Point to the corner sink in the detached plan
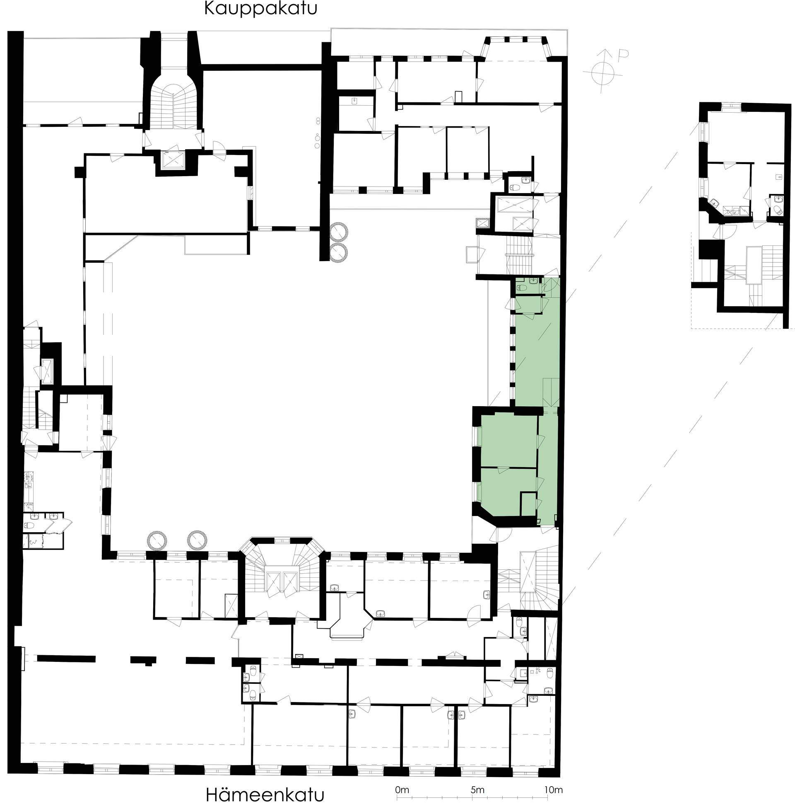[x=714, y=203]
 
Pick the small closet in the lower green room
[x=528, y=504]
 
